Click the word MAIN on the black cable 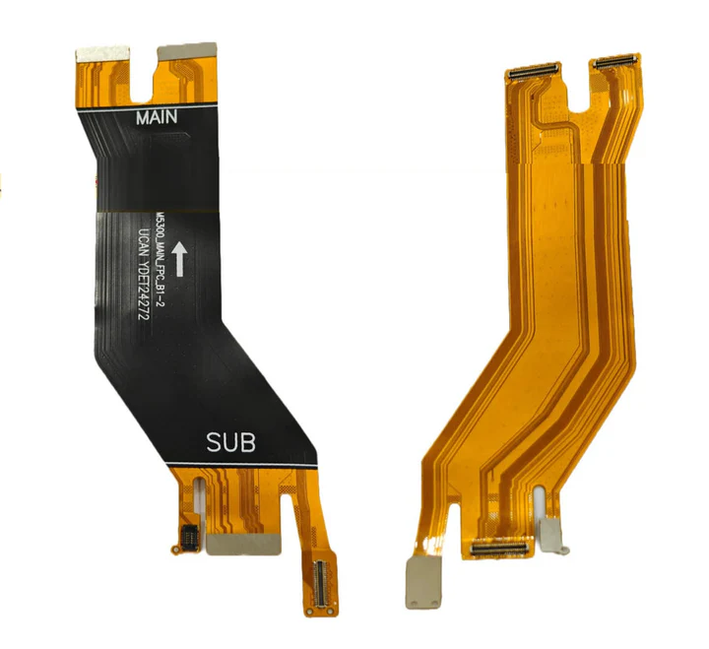[x=157, y=117]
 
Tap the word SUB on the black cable [x=230, y=443]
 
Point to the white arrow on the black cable [x=179, y=259]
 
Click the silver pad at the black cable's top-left [x=102, y=54]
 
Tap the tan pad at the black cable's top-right [x=187, y=51]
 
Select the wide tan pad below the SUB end [x=243, y=544]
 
